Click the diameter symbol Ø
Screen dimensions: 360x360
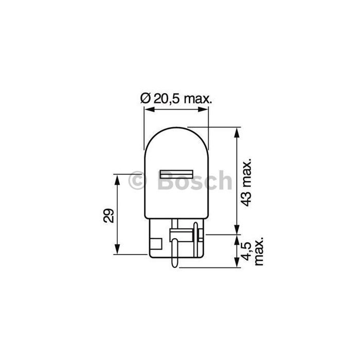(145, 98)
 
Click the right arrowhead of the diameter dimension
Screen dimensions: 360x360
(207, 109)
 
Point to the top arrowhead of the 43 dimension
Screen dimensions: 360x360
(237, 131)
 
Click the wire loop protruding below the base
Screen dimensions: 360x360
(175, 257)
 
